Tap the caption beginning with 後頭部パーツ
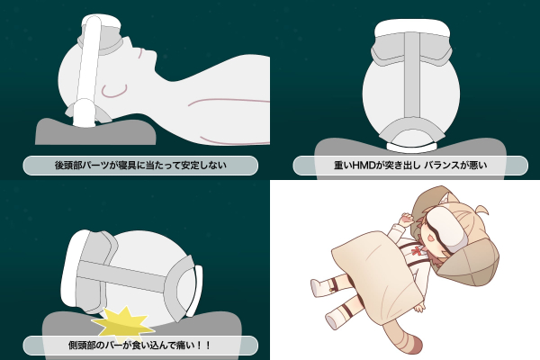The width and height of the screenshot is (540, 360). point(140,166)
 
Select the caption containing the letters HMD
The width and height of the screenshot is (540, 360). point(410,166)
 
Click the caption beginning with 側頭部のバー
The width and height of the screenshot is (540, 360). point(139,345)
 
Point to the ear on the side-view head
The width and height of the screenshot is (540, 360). point(114,91)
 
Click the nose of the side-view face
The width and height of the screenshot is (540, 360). point(151,53)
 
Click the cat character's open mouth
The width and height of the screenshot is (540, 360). point(427,238)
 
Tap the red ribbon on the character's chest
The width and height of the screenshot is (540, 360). point(418,250)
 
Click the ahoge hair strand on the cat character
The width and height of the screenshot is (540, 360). point(481,210)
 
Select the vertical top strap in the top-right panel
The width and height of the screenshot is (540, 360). point(412,75)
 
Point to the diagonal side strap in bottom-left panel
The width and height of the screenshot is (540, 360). point(121,274)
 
